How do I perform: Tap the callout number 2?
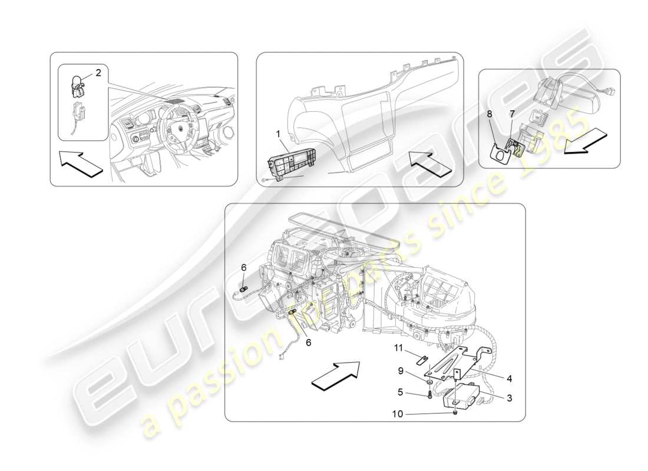[x=98, y=73]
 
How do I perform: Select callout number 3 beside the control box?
[x=508, y=399]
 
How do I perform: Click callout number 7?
[x=511, y=112]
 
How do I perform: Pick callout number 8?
[x=489, y=112]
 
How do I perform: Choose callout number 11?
[x=399, y=348]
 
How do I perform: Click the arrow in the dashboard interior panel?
[x=80, y=164]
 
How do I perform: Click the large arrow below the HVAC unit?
[x=335, y=374]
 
